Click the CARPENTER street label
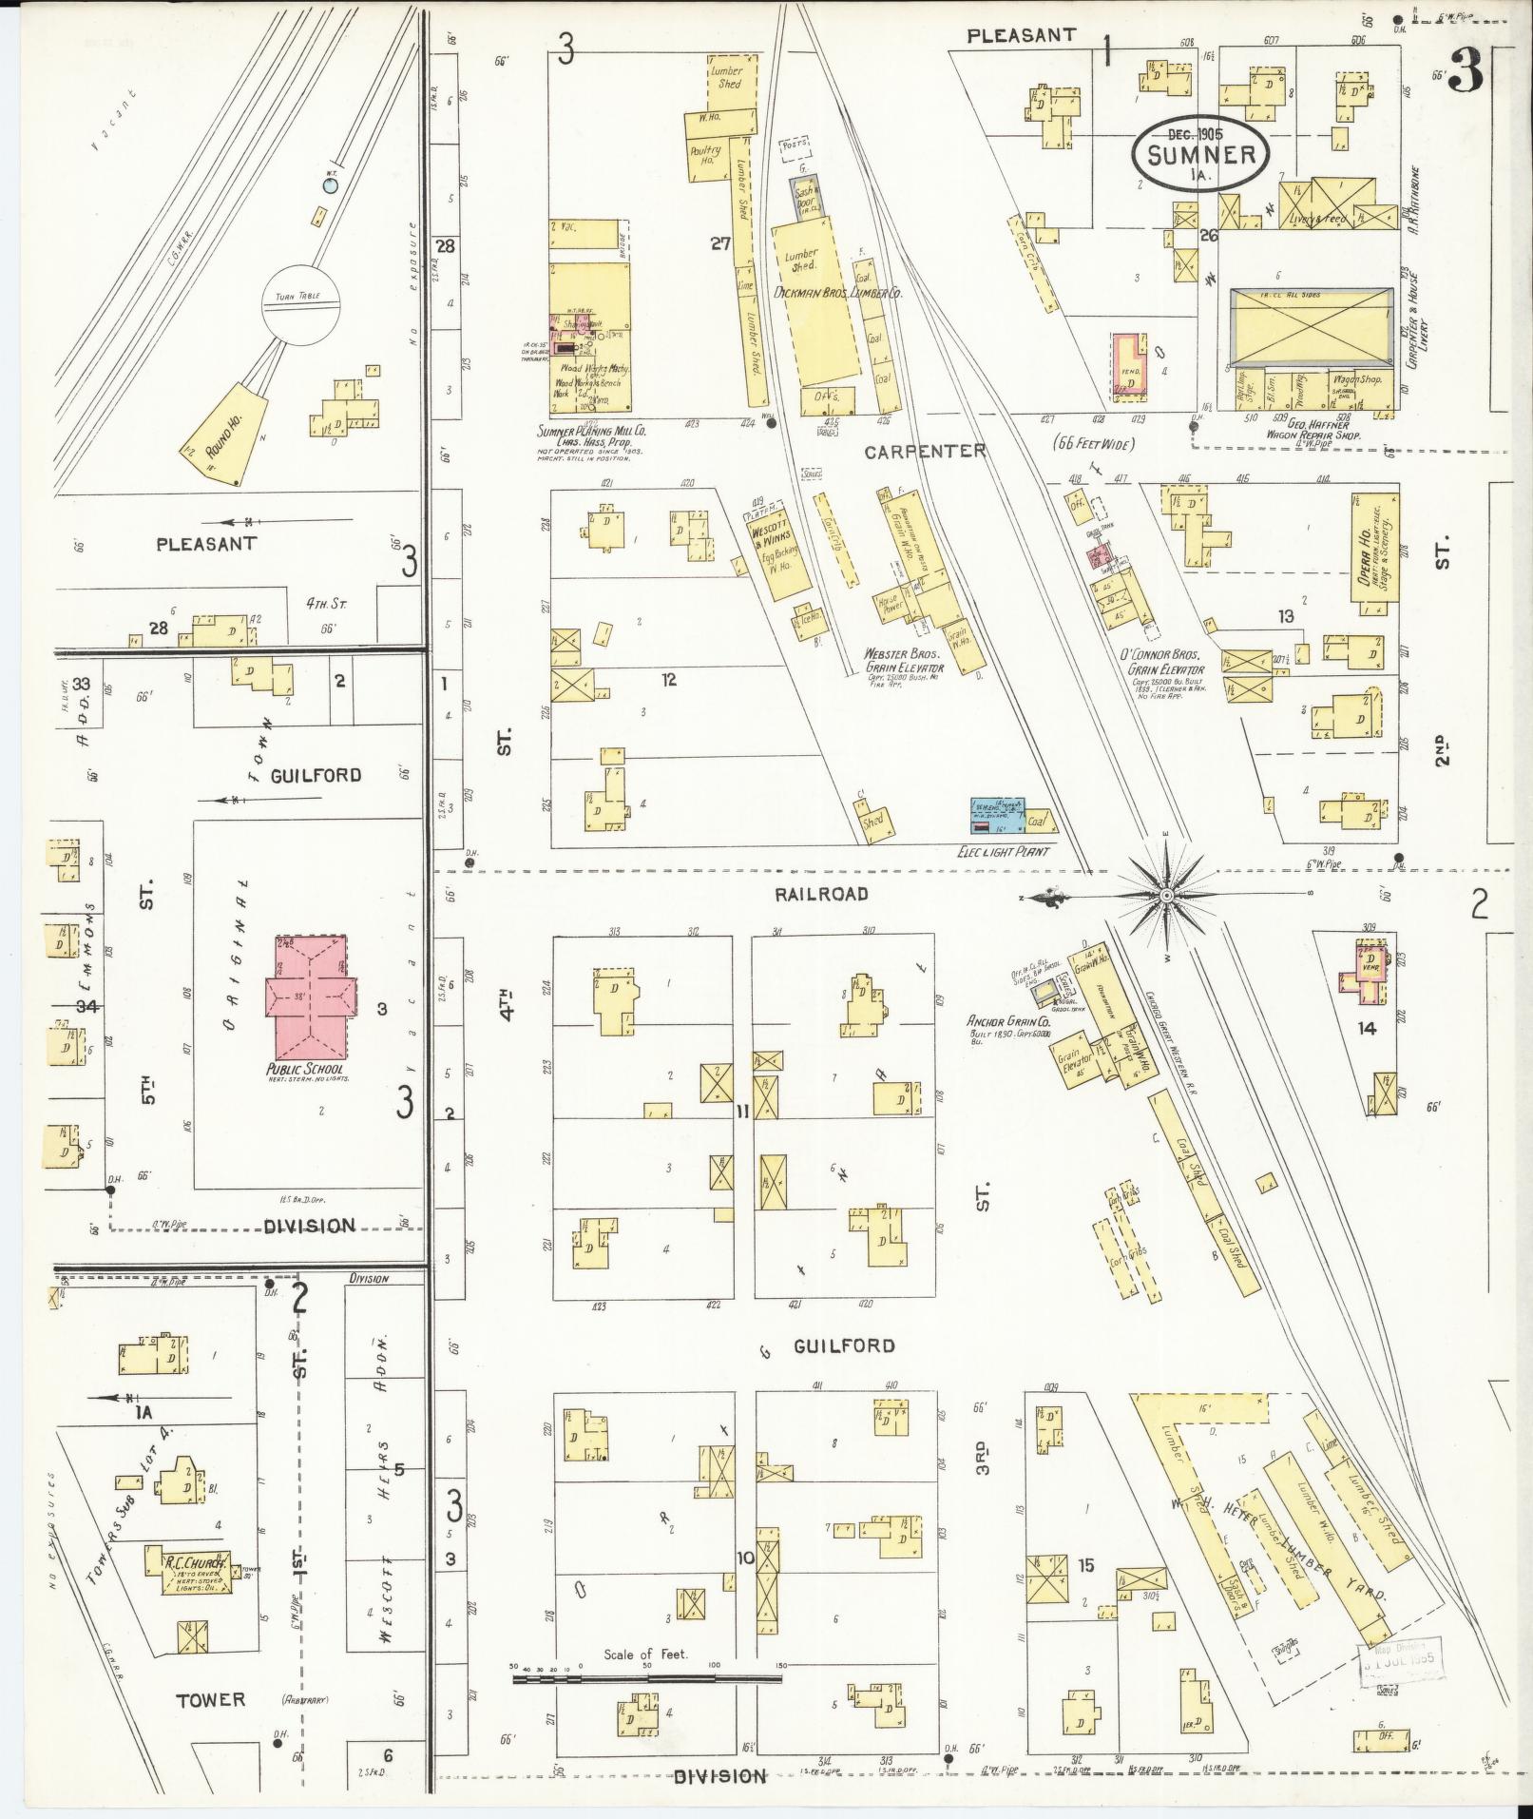click(924, 452)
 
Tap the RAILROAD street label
click(820, 894)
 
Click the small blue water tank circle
click(330, 186)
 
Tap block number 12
click(669, 680)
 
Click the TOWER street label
click(210, 1698)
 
